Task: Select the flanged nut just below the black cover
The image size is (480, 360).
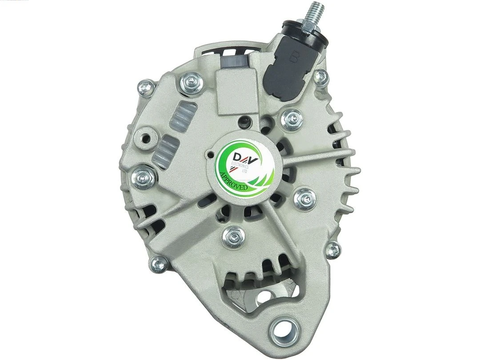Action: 292,118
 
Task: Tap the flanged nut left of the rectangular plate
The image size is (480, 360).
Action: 192,82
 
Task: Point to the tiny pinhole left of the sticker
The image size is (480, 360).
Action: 209,156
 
